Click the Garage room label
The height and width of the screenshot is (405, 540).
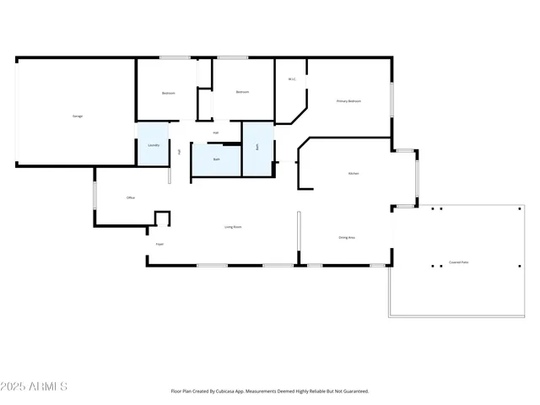78,116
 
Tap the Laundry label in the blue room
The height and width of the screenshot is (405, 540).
154,145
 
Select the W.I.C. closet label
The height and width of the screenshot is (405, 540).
292,80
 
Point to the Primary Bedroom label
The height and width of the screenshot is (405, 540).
348,101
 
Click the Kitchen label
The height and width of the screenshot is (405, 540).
354,174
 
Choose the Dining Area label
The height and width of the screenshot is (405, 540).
346,238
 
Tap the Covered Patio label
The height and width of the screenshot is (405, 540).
459,262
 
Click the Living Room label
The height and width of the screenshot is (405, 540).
233,227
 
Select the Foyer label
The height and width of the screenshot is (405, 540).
159,245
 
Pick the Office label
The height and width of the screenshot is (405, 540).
131,198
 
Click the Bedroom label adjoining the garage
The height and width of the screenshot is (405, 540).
169,93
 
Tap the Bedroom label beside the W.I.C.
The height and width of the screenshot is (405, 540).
242,92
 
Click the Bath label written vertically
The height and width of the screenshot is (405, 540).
257,147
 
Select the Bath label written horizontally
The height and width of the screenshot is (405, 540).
216,159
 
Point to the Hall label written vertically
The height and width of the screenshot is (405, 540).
180,152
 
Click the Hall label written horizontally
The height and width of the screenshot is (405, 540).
216,132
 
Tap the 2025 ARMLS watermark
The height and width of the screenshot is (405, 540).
35,386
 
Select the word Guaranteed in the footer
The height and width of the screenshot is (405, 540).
353,391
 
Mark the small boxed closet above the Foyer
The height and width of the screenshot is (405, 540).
162,219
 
